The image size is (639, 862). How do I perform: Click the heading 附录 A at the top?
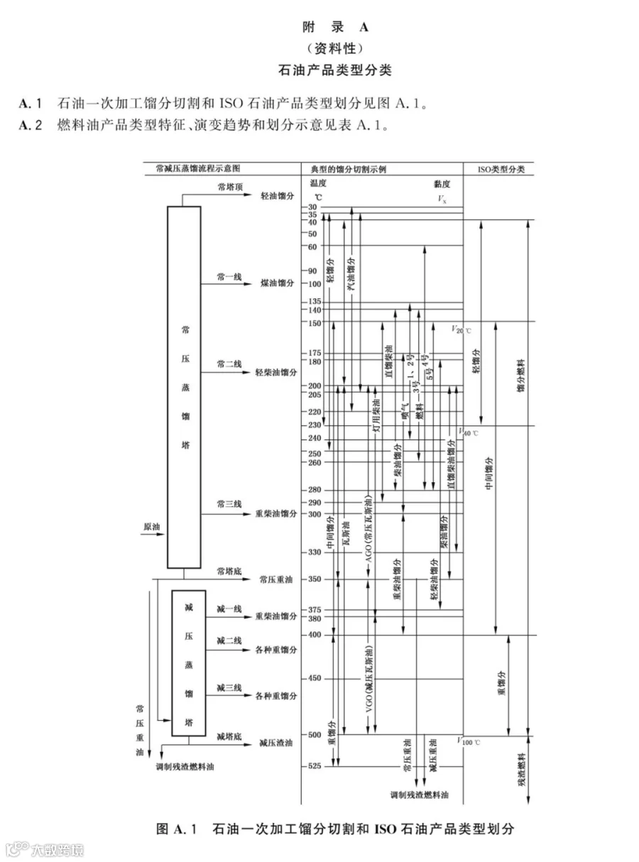pyautogui.click(x=333, y=28)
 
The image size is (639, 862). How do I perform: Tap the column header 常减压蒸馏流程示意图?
pyautogui.click(x=198, y=169)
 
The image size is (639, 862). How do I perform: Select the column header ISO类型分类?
pyautogui.click(x=498, y=169)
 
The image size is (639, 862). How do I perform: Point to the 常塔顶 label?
pyautogui.click(x=230, y=186)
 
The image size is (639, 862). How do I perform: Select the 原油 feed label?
pyautogui.click(x=152, y=527)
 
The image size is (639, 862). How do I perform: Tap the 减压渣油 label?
pyautogui.click(x=276, y=743)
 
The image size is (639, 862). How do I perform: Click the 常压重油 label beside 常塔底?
pyautogui.click(x=276, y=579)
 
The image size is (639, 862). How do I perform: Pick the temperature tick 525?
pyautogui.click(x=315, y=766)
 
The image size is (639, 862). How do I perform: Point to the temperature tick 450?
pyautogui.click(x=315, y=678)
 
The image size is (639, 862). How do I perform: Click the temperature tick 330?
pyautogui.click(x=315, y=552)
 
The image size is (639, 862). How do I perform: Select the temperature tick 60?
pyautogui.click(x=312, y=246)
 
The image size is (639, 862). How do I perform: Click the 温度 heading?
pyautogui.click(x=317, y=183)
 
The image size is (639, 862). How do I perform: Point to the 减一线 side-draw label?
pyautogui.click(x=229, y=609)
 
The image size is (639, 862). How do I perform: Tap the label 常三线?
pyautogui.click(x=230, y=503)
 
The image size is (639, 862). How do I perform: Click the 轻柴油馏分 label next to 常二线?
pyautogui.click(x=276, y=372)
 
